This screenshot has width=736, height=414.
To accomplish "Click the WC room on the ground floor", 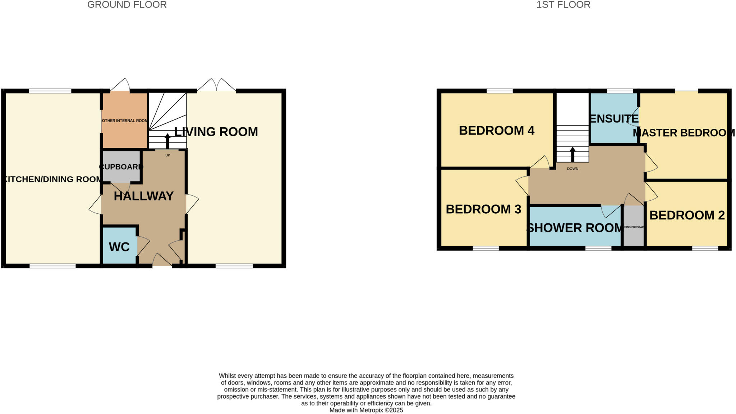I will [x=119, y=247].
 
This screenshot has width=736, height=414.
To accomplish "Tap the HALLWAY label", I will [x=144, y=196].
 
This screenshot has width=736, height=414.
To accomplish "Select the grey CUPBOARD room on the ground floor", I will [x=121, y=167].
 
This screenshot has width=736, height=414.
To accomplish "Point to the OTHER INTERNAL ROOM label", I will [x=124, y=120].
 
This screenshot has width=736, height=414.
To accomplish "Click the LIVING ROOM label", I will [x=216, y=132].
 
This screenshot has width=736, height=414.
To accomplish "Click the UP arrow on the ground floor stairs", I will [x=167, y=141].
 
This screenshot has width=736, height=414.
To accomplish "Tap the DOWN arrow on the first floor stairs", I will [x=572, y=154].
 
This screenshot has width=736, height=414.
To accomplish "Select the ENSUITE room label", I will [x=614, y=118].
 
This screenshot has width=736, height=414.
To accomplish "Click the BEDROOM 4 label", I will [x=496, y=130].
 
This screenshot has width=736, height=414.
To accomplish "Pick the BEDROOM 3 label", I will [x=483, y=209].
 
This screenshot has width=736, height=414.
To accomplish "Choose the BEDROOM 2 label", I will [x=687, y=215].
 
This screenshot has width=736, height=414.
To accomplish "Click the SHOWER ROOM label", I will [x=574, y=228].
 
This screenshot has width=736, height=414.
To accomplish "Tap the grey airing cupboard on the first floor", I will [x=633, y=227].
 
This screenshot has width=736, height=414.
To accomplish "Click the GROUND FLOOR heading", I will [x=127, y=5].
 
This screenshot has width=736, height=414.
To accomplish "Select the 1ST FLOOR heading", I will [x=563, y=5].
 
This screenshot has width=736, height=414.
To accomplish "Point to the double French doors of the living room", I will [x=216, y=86].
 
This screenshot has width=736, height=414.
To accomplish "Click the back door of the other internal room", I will [x=120, y=86].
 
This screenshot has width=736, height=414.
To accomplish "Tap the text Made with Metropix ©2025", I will [x=366, y=410].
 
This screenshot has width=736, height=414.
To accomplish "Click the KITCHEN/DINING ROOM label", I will [x=52, y=179].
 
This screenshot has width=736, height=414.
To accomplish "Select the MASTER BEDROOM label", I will [x=684, y=133].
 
